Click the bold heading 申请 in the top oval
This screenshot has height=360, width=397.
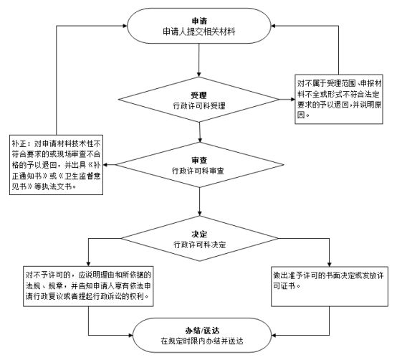coord(199,21)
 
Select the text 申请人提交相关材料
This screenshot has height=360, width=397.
coord(199,32)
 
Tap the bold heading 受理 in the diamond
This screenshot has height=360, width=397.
coord(199,95)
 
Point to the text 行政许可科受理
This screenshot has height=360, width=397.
coord(199,105)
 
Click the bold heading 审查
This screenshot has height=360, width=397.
coord(199,160)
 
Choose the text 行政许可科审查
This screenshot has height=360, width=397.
coord(198,171)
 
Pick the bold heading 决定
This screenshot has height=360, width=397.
coord(199,234)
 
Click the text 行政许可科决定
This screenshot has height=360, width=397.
coord(199,245)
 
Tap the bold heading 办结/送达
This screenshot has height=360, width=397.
coord(202,331)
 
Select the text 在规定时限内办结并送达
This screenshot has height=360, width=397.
coord(202,341)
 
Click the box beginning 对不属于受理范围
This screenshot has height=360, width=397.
coord(339,99)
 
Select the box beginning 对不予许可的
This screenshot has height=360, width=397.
coord(88,286)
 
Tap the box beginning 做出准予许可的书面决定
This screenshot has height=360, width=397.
coord(330,287)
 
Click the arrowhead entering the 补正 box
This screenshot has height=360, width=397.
coord(105,165)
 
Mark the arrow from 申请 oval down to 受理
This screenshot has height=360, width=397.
coord(199,60)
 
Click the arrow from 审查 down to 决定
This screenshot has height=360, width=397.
coord(199,202)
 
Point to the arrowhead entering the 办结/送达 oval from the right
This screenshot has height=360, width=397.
coord(274,335)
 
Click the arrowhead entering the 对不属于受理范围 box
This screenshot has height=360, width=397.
coord(292,99)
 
